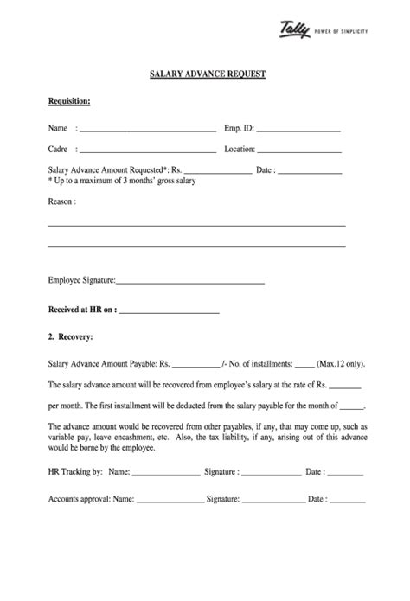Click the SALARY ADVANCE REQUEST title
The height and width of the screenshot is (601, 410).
click(x=208, y=75)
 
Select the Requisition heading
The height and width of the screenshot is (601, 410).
click(x=69, y=101)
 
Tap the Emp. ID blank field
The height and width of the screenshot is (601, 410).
click(x=298, y=131)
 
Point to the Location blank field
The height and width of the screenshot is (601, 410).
click(x=299, y=151)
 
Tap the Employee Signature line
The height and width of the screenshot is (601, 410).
click(x=189, y=283)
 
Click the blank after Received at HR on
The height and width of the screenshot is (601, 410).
click(x=169, y=310)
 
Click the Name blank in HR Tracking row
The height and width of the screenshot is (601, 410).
click(x=165, y=475)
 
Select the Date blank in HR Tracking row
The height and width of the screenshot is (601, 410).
click(x=345, y=475)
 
